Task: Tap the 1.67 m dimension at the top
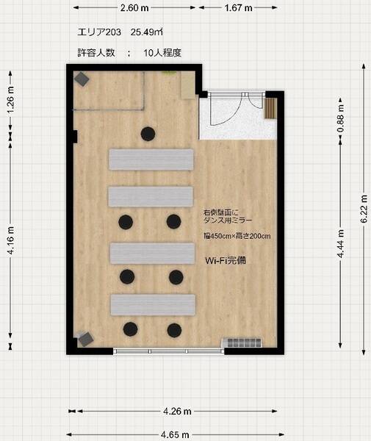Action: point(238,8)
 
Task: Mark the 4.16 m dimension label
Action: point(10,241)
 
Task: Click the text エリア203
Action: point(98,32)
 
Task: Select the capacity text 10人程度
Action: point(162,53)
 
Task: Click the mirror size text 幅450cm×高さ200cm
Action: point(237,236)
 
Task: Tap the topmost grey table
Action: point(151,159)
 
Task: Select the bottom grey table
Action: point(153,304)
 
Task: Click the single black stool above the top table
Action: point(148,133)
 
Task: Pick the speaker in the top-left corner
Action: point(81,78)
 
